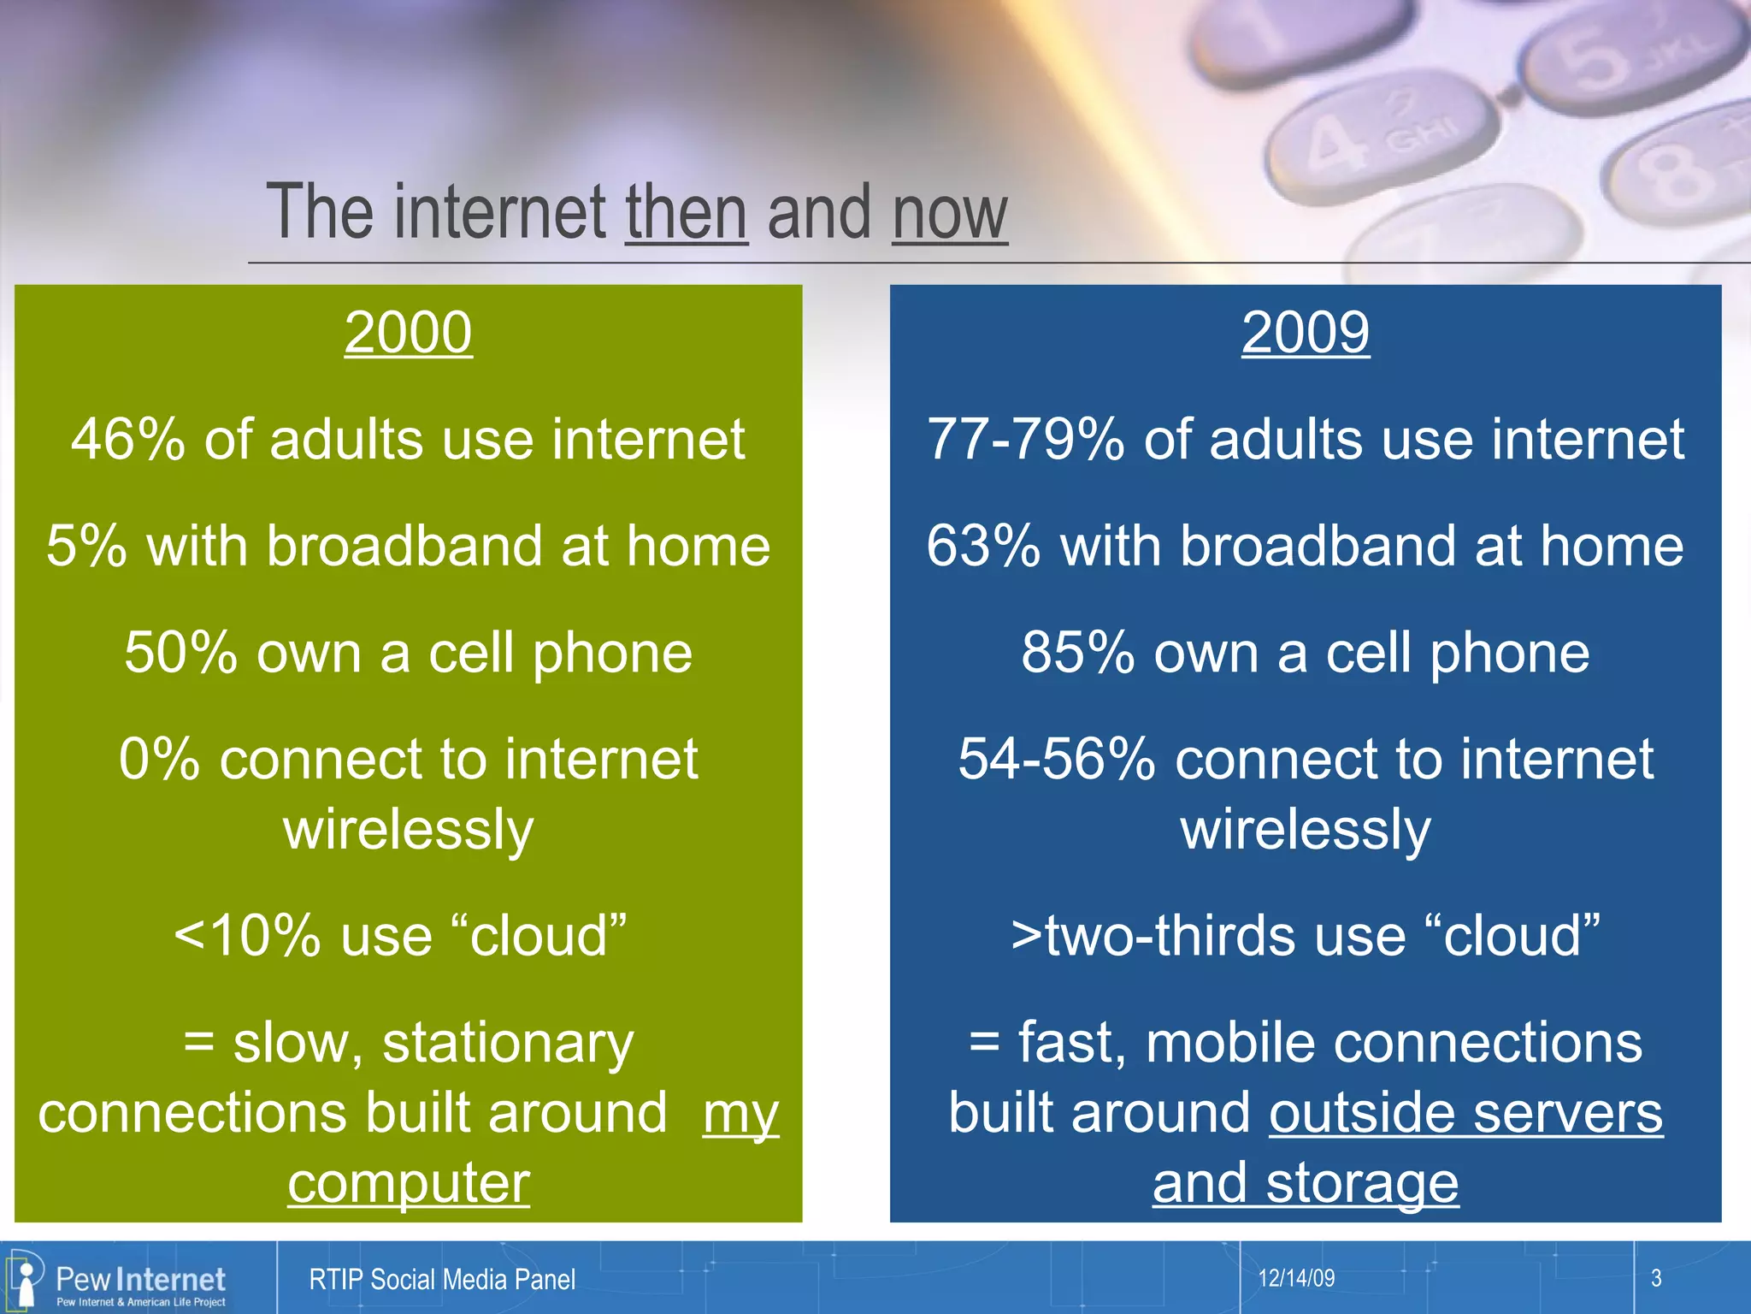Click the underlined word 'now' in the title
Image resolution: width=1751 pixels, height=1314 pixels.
[x=949, y=214]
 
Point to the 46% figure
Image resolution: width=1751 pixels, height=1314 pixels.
[x=127, y=440]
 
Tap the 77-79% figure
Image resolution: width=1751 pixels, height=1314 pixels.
[x=1025, y=440]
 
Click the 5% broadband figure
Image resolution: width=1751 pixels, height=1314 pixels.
[x=86, y=546]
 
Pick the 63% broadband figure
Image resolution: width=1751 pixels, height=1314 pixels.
[x=983, y=546]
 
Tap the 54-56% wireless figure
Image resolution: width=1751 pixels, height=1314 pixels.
[x=1056, y=760]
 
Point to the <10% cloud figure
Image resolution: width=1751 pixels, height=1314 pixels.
[x=247, y=936]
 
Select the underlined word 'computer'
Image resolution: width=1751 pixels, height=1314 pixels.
[x=408, y=1184]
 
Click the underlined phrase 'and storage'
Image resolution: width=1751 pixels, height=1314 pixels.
[x=1305, y=1184]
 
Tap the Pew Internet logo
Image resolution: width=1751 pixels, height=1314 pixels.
[x=120, y=1280]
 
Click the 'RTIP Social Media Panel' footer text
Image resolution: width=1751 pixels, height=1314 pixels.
[x=442, y=1280]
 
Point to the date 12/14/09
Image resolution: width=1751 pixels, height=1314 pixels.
[x=1296, y=1278]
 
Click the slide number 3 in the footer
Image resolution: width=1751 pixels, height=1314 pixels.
[x=1655, y=1278]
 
